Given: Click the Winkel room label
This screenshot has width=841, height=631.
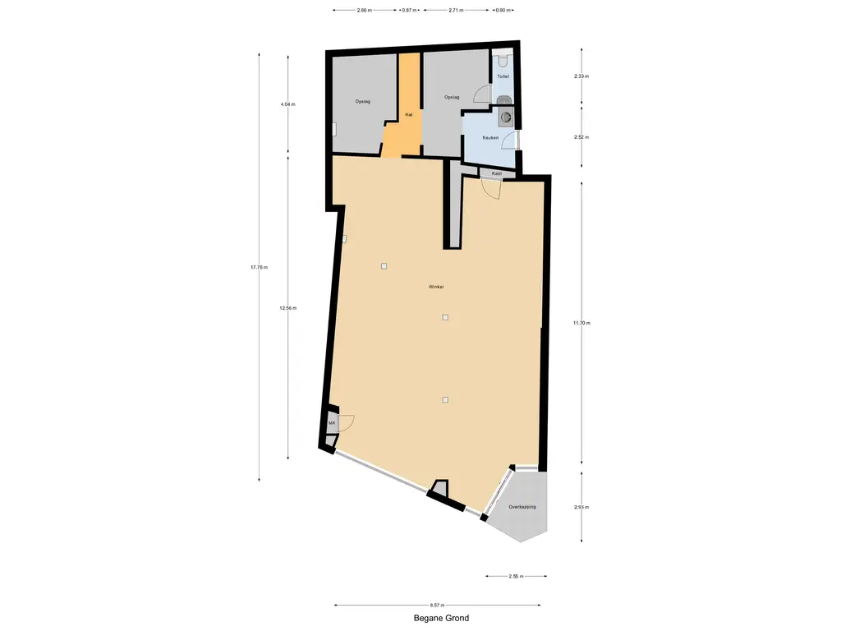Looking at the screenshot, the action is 435,287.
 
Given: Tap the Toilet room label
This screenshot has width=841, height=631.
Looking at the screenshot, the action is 503,76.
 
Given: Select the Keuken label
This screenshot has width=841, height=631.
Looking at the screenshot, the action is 490,138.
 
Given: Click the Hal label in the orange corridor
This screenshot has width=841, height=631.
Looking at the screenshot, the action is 409,115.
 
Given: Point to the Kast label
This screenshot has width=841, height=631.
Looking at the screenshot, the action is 497,174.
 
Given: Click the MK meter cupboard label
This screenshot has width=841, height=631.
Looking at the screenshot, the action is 332,423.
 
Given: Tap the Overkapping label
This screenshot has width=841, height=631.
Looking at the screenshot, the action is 522,506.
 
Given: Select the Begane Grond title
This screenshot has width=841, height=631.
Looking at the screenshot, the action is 441,618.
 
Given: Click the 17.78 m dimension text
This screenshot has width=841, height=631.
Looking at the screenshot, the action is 259,267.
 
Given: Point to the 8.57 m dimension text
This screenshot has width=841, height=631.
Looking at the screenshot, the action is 437,606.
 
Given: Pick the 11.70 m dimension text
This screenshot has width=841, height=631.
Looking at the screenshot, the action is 581,323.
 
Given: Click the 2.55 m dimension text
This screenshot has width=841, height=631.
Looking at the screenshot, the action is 516,576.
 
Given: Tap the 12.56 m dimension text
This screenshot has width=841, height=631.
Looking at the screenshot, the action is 288,308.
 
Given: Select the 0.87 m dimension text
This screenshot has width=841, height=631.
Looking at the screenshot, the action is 409,10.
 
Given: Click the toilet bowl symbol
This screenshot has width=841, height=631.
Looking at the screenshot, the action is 503,58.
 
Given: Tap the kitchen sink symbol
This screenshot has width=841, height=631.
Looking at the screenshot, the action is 505,117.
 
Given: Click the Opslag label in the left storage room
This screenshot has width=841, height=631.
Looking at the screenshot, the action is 362,101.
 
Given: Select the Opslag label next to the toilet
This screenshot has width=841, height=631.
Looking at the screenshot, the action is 452,97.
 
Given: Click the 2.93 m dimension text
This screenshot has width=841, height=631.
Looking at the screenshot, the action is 581,507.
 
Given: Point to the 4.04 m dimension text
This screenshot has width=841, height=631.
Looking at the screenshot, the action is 288,104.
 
